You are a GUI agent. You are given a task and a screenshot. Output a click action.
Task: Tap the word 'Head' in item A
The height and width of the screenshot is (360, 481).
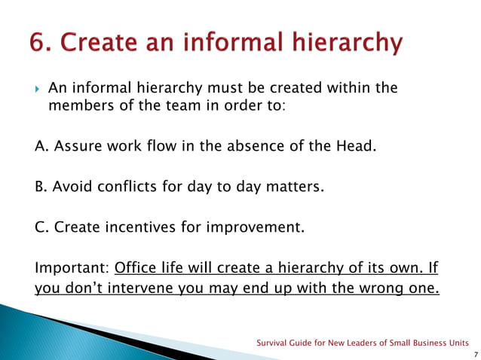tap(352, 145)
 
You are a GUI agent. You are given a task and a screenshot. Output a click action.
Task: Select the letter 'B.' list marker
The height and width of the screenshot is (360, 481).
tap(42, 186)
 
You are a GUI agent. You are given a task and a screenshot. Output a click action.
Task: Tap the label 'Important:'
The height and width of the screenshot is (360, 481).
tap(72, 268)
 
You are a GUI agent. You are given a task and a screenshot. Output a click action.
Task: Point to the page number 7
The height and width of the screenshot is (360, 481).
tap(472, 353)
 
